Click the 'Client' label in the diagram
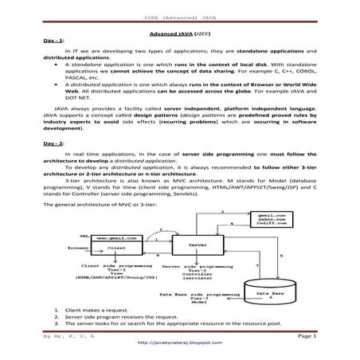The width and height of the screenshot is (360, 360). [x=116, y=248]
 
